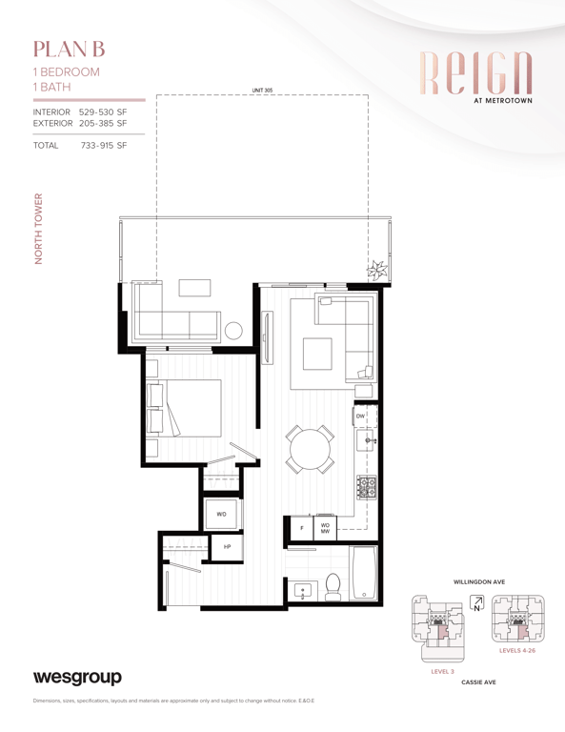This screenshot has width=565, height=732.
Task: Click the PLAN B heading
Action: (x=69, y=50)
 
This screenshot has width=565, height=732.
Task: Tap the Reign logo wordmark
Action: (x=475, y=72)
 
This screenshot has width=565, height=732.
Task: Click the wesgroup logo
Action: (x=77, y=678)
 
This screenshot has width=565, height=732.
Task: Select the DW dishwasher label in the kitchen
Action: (x=361, y=416)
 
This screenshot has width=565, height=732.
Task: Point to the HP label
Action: (x=227, y=547)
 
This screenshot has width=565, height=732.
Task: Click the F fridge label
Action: (x=302, y=528)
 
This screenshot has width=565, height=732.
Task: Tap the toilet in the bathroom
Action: (x=333, y=587)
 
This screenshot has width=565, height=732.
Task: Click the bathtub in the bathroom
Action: (x=363, y=573)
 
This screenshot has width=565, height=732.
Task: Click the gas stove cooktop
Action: (x=367, y=487)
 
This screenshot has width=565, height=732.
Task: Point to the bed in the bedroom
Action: (x=184, y=409)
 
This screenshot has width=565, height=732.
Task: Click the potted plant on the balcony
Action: (x=377, y=271)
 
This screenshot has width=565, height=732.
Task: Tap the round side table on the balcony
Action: (x=233, y=331)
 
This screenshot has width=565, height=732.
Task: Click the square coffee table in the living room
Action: (x=317, y=354)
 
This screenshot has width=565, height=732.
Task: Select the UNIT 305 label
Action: (x=262, y=91)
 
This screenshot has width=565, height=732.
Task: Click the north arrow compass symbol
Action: (x=476, y=603)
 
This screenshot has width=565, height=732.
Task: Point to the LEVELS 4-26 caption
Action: (x=517, y=650)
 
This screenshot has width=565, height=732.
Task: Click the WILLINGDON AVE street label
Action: (x=479, y=582)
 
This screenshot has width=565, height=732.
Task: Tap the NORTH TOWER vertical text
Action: (x=38, y=229)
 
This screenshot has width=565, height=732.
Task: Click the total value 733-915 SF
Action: (x=104, y=145)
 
